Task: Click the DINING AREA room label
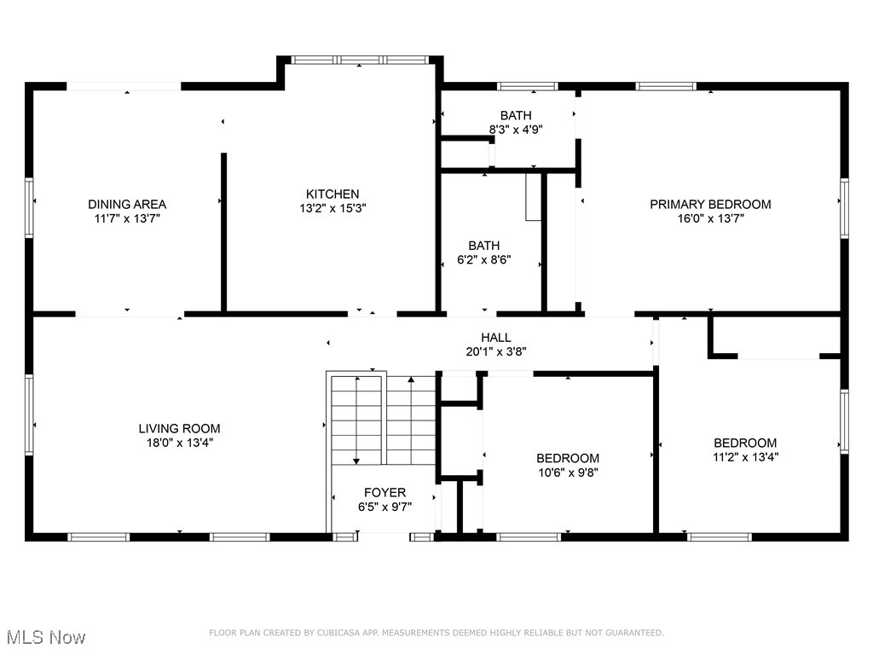[x=127, y=204]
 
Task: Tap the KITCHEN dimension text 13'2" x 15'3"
[x=332, y=207]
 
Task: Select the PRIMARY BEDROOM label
[x=710, y=204]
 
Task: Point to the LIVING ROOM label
[x=179, y=428]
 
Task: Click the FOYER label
[x=384, y=492]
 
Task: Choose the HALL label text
[x=496, y=338]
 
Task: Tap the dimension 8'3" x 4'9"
[x=516, y=130]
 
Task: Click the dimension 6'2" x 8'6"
[x=483, y=260]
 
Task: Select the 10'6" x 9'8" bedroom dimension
[x=567, y=472]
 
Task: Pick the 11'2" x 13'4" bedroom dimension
[x=745, y=456]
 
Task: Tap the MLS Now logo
[x=46, y=637]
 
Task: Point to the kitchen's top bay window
[x=359, y=61]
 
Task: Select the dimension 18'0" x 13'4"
[x=179, y=442]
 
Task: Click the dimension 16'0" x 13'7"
[x=710, y=217]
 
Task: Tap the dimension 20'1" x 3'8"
[x=496, y=351]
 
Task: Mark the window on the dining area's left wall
[x=29, y=206]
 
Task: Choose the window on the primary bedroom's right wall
[x=844, y=206]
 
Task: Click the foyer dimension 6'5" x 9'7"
[x=384, y=506]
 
